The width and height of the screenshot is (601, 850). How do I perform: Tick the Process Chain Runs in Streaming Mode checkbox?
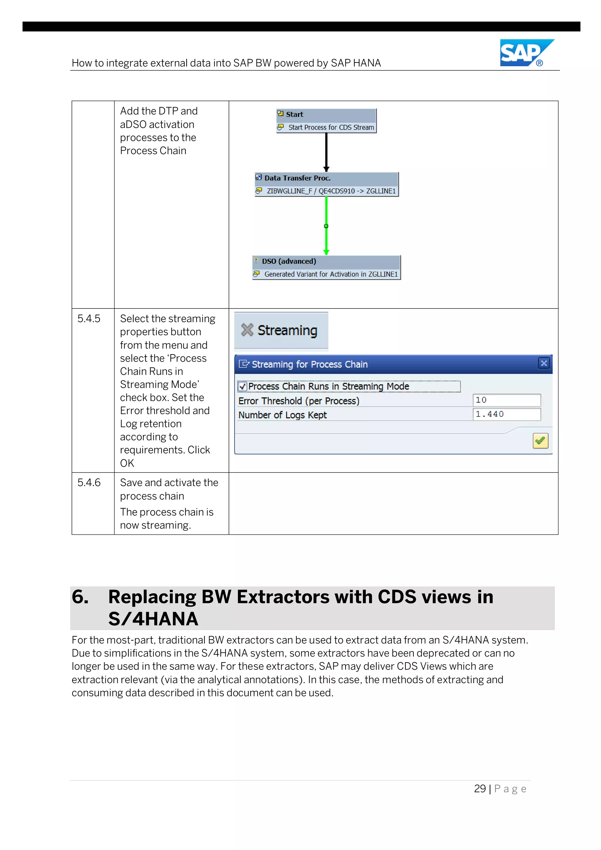[243, 387]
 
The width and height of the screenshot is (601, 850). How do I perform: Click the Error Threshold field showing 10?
[506, 400]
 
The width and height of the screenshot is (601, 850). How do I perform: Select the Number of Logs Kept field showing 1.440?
[506, 414]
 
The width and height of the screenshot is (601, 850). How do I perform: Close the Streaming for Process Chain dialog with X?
[544, 363]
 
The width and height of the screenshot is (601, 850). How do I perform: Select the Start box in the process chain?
[326, 114]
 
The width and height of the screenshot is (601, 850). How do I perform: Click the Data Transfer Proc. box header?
[326, 178]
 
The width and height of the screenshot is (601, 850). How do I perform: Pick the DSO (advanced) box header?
[326, 261]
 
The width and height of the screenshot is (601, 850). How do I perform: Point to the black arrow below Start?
[326, 152]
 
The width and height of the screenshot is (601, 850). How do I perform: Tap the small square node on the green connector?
[326, 226]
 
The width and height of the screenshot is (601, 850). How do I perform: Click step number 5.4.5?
[89, 319]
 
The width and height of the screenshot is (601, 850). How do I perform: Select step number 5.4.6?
[89, 483]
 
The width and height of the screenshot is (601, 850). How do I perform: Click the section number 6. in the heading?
[80, 597]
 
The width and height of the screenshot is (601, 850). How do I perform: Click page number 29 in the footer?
[480, 789]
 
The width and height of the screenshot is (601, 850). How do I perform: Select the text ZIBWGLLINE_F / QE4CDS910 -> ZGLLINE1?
[331, 191]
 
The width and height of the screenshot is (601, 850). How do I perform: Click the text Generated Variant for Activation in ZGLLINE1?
[331, 274]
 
